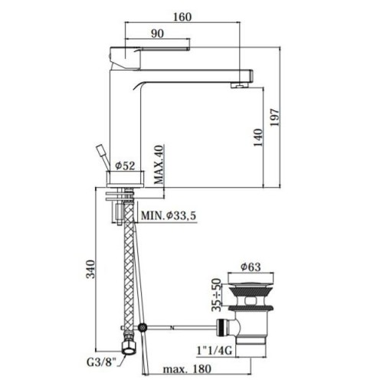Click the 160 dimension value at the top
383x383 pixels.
(182, 17)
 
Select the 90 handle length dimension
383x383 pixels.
(157, 34)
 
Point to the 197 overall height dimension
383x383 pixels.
(275, 117)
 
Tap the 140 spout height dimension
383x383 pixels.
(258, 137)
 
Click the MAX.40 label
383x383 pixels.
(159, 165)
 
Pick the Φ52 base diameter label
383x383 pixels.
(125, 166)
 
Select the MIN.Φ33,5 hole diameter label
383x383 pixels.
(169, 216)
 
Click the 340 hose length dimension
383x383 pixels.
(90, 269)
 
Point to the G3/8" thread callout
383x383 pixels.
(102, 362)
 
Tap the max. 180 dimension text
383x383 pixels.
(187, 369)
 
